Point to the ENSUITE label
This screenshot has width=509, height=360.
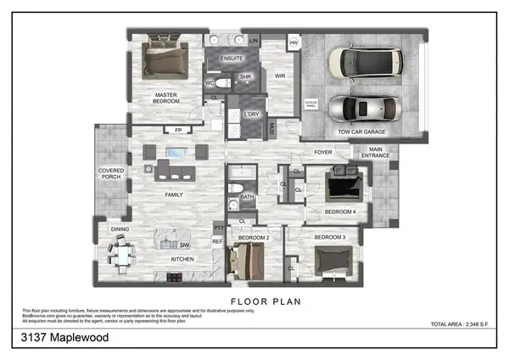[232, 58]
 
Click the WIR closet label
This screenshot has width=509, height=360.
[279, 76]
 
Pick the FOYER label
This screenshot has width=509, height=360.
[323, 153]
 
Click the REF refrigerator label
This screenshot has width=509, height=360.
[217, 242]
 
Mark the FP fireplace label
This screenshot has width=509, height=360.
[178, 130]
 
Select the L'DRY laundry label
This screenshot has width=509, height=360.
[251, 114]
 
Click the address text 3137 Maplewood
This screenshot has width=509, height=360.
[65, 338]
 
